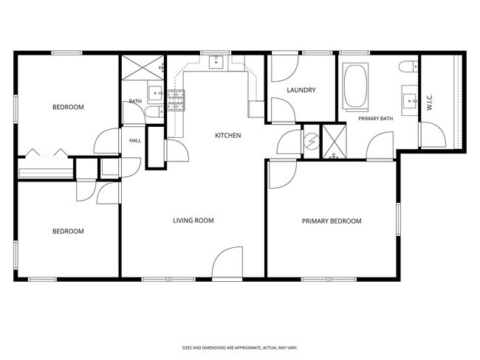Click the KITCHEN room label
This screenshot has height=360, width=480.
227,135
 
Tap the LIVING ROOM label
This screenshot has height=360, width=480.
193,221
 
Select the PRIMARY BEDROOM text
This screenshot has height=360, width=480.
332,221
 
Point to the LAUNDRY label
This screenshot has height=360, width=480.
301,90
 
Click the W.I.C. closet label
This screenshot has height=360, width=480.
429,103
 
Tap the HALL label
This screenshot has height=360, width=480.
135,140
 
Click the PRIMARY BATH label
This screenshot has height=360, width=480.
376,118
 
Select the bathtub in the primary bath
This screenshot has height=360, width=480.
355,86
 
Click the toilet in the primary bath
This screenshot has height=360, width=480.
408,66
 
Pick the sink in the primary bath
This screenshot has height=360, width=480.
410,100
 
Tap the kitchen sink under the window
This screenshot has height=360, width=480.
216,62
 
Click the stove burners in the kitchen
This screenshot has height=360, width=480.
176,100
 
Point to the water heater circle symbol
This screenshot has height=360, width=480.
312,141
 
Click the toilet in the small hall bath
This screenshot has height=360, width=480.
154,112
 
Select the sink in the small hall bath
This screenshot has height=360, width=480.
156,93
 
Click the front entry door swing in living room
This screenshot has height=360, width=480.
227,263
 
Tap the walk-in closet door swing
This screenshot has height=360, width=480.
432,134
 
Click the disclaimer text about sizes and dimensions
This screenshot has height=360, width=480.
240,347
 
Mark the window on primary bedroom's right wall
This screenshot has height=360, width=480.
398,219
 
